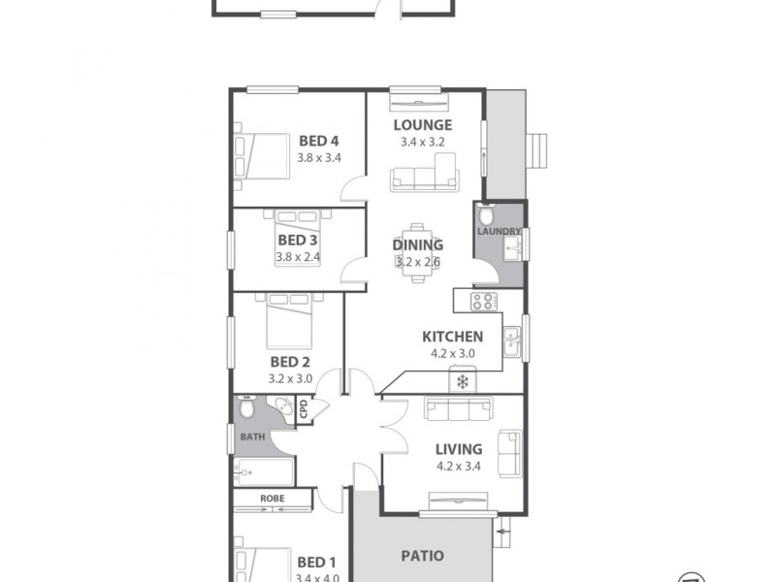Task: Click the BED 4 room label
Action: pyautogui.click(x=318, y=140)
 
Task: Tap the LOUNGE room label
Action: pyautogui.click(x=423, y=125)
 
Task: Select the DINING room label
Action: pyautogui.click(x=418, y=245)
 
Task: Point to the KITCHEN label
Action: pyautogui.click(x=452, y=337)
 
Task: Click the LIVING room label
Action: pyautogui.click(x=459, y=449)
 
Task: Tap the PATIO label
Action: pyautogui.click(x=423, y=557)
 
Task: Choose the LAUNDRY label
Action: pyautogui.click(x=500, y=232)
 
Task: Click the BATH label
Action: pyautogui.click(x=252, y=437)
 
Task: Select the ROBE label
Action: pyautogui.click(x=273, y=499)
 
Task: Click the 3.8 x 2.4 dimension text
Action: pyautogui.click(x=298, y=257)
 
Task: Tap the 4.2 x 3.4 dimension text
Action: pyautogui.click(x=459, y=466)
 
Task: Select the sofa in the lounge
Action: pyautogui.click(x=424, y=178)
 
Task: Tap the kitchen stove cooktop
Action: pyautogui.click(x=483, y=301)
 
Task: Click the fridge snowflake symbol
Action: pyautogui.click(x=463, y=380)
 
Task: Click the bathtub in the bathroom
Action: pyautogui.click(x=263, y=473)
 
